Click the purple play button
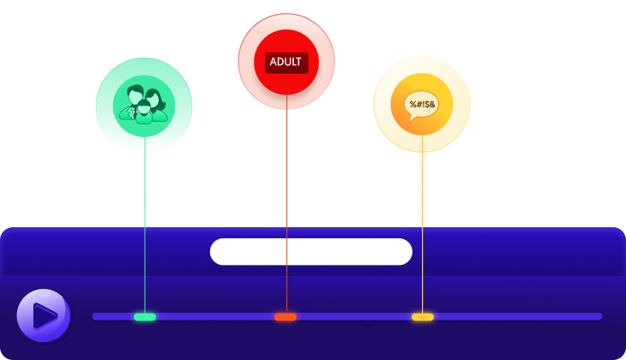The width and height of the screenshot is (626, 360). (43, 315)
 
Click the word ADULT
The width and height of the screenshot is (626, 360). (286, 62)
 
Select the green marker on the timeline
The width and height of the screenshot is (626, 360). (145, 317)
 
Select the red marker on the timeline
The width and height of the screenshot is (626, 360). (286, 317)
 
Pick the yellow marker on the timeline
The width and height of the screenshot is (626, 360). (422, 317)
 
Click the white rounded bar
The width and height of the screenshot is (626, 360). (310, 251)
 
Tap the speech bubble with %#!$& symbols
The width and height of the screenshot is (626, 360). (421, 104)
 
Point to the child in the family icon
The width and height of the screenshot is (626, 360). (143, 112)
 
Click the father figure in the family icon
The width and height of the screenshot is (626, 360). (134, 99)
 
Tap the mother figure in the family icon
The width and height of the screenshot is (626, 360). (154, 101)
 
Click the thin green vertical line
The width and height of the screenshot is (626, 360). (145, 231)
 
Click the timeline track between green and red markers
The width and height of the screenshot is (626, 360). (214, 316)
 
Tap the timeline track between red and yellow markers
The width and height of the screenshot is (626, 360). (353, 316)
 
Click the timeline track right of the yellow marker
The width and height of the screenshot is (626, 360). (515, 316)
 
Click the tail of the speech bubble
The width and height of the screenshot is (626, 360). (415, 118)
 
